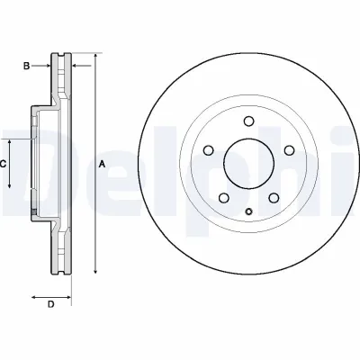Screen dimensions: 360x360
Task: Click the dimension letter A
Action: coord(102,164)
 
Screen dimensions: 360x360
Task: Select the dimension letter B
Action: coord(28,65)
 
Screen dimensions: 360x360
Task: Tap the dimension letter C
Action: coord(4,164)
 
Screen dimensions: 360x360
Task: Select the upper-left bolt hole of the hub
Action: coord(208,150)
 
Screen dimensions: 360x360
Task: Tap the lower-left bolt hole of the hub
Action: coord(222,196)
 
